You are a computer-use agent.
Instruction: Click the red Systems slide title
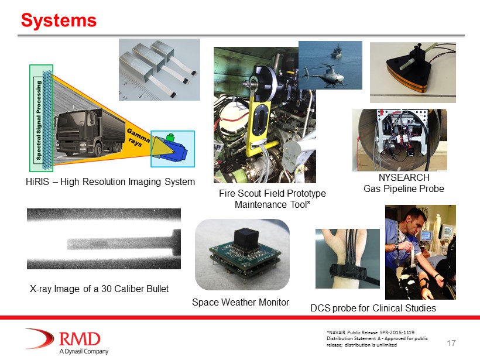[59, 20]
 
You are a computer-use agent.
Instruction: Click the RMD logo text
[80, 339]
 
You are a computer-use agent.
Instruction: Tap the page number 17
[451, 343]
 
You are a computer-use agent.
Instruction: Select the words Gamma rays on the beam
[137, 138]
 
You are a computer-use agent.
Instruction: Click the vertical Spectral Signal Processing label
[39, 120]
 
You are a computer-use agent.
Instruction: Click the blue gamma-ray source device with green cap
[172, 149]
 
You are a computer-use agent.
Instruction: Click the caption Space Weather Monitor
[241, 303]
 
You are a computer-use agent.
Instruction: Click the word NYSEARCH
[404, 177]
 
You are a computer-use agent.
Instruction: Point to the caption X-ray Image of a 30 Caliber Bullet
[99, 289]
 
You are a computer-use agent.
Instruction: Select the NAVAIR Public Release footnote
[377, 338]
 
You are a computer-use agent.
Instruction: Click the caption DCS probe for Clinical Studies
[373, 308]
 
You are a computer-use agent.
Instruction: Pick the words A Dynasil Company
[84, 351]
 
